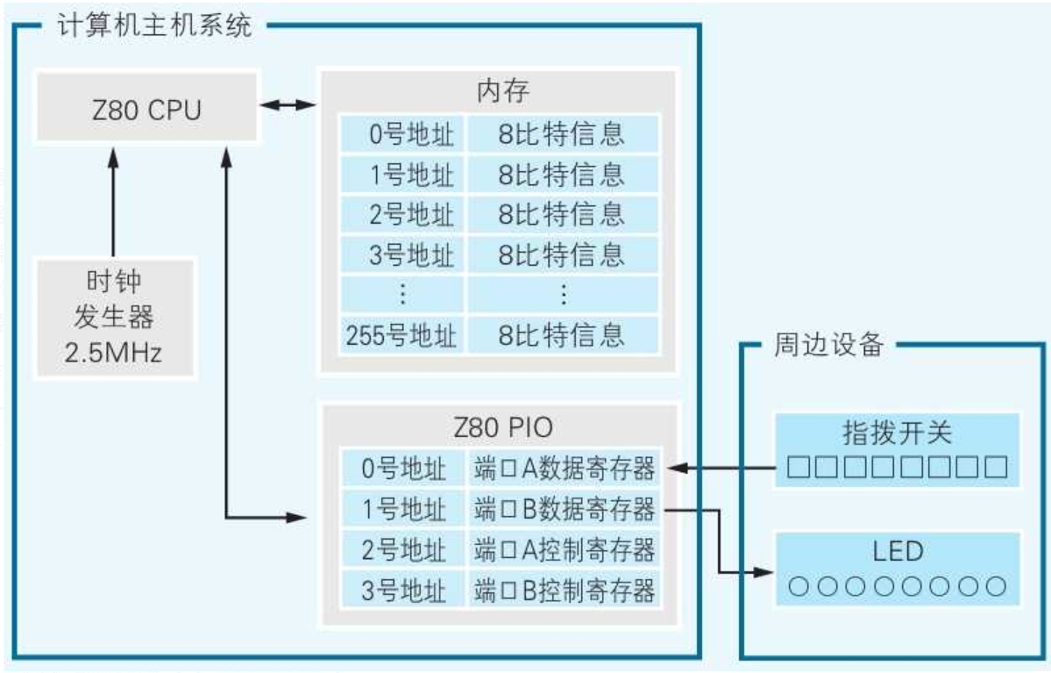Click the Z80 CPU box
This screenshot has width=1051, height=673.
tap(146, 109)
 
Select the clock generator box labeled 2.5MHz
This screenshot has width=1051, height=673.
tap(115, 317)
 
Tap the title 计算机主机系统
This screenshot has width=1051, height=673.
tap(154, 25)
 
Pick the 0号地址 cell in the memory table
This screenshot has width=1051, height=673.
tap(402, 134)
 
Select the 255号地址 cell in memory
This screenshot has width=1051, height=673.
tap(402, 334)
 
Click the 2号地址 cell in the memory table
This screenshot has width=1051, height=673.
tap(402, 214)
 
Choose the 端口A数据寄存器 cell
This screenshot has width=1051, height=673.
tap(565, 469)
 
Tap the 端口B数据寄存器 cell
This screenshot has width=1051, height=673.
tap(565, 509)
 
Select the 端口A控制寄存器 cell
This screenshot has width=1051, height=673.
tap(565, 549)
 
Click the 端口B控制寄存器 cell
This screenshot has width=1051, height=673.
tap(565, 590)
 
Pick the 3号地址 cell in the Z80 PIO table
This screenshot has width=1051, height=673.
tap(402, 590)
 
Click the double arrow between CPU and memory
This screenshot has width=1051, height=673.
tap(289, 105)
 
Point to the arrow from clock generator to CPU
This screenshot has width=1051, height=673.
tap(113, 201)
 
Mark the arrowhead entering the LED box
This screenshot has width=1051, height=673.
tap(761, 572)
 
